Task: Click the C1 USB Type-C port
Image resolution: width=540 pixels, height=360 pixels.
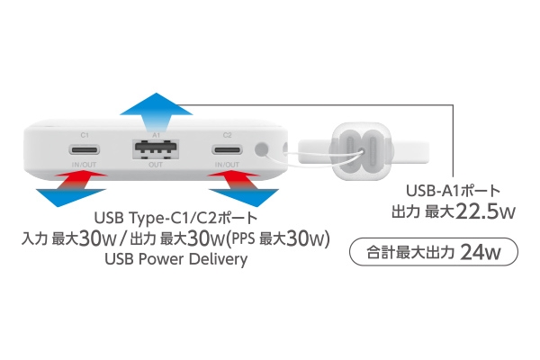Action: (85, 149)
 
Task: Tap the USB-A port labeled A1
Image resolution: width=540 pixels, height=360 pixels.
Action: (156, 149)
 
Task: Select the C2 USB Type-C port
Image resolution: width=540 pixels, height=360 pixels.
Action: (228, 150)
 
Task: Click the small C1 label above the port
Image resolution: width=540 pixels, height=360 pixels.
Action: (85, 135)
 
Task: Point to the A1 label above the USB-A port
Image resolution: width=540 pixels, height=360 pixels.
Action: (157, 135)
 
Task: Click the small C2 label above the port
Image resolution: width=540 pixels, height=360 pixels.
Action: (228, 135)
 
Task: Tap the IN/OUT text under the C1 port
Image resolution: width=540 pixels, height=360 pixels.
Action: (84, 165)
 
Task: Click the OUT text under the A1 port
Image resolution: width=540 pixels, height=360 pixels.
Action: (156, 165)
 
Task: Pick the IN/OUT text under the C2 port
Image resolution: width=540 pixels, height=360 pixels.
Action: (227, 165)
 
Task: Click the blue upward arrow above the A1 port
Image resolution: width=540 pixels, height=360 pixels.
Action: (157, 112)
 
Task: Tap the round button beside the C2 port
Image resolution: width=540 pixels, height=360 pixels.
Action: (262, 149)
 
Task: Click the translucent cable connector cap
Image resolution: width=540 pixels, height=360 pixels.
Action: (361, 151)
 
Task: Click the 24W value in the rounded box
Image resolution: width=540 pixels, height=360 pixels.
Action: (481, 252)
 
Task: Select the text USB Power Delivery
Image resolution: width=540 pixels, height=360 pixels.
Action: (176, 259)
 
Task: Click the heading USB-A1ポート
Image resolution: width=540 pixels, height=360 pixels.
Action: (453, 191)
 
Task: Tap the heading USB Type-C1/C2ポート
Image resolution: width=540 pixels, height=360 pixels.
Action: (175, 218)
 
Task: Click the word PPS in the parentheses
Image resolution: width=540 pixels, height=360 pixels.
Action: (244, 238)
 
